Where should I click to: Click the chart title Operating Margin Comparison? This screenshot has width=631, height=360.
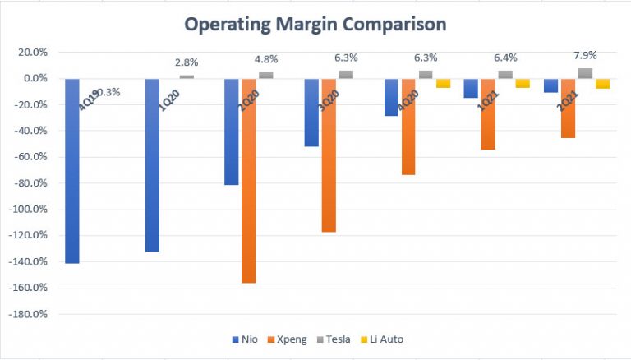point(315,25)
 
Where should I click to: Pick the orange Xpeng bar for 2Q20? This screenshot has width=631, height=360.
point(248,181)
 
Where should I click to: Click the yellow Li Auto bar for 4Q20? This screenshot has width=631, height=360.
point(444,83)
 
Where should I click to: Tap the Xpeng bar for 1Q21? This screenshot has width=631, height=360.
point(488,114)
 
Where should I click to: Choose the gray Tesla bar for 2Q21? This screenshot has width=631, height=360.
point(585,73)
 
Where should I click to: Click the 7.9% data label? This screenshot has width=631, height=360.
point(584,55)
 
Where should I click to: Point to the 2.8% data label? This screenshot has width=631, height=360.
point(187,62)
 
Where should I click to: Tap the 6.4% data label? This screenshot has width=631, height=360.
point(506,58)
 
